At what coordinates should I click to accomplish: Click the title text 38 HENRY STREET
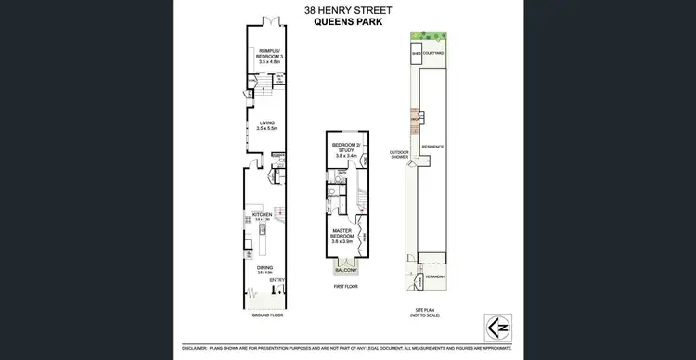[x=348, y=11]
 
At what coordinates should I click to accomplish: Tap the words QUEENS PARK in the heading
[x=348, y=24]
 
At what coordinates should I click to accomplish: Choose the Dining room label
[x=265, y=269]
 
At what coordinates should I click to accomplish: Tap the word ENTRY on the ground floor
[x=277, y=279]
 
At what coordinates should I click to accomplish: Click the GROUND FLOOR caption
[x=267, y=315]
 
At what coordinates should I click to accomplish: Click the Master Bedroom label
[x=342, y=233]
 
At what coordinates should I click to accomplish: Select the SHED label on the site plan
[x=417, y=54]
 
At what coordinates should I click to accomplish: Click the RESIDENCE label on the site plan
[x=433, y=146]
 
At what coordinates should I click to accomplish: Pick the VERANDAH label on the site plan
[x=436, y=277]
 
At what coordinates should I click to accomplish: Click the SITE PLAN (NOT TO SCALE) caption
[x=429, y=315]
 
